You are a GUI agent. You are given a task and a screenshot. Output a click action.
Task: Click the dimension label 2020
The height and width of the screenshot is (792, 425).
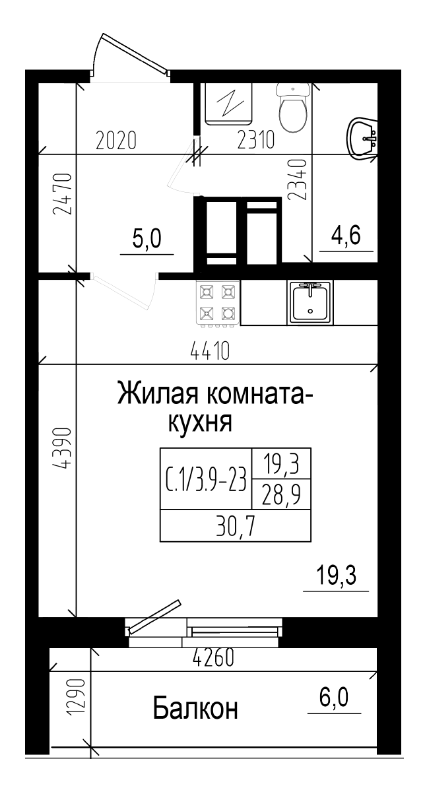pos(116,141)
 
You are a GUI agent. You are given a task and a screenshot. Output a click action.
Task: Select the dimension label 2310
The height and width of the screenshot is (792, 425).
pos(256,141)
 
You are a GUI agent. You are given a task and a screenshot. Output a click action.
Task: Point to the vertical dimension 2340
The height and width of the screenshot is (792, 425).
pos(298,180)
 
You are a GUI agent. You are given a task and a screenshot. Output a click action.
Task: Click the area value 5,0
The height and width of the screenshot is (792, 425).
pos(147,239)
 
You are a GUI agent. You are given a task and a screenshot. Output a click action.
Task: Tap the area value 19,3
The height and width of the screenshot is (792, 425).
pos(336,576)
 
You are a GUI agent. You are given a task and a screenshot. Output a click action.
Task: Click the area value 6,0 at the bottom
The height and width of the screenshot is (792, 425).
pos(335,697)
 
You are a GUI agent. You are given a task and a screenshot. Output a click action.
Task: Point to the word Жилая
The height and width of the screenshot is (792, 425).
pos(158,395)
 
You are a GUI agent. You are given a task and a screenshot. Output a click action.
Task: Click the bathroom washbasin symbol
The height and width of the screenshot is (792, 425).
pos(362,138)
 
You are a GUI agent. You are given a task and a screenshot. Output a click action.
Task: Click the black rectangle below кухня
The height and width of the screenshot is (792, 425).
pos(235,494)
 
